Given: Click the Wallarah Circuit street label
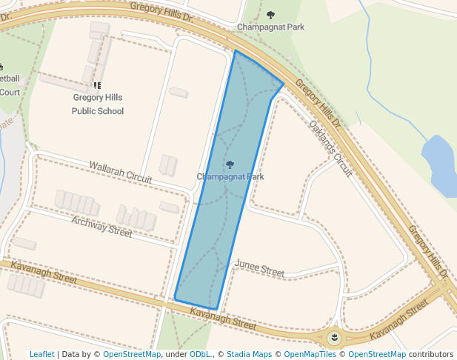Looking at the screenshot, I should click(121, 172).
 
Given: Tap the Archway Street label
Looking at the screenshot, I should click(101, 227).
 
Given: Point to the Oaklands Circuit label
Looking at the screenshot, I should click(330, 149).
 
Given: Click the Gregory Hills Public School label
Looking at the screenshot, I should click(98, 104).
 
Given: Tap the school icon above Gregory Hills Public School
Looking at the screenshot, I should click(98, 86).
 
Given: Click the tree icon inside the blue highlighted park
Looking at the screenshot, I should click(230, 164).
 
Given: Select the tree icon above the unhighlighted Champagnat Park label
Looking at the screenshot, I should click(270, 15).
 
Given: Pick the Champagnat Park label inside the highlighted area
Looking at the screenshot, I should click(230, 177).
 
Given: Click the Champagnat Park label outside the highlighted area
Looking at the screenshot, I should click(270, 27).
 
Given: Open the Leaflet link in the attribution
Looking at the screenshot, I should click(42, 355).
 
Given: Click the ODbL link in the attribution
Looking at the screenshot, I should click(200, 355).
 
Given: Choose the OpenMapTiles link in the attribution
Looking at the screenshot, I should click(311, 355).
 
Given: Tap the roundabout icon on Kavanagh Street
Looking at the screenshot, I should click(335, 339).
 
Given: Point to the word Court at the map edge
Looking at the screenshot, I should click(10, 92).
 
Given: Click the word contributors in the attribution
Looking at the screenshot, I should click(430, 355).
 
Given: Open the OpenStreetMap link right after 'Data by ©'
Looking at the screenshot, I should click(132, 355).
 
